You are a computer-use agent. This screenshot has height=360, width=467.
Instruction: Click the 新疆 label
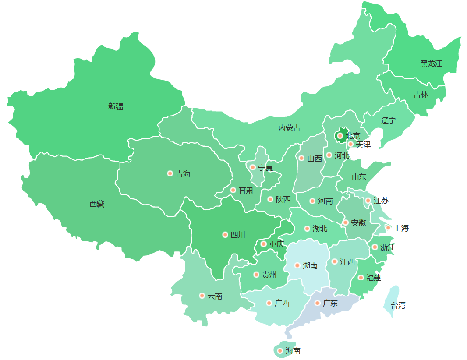point(116,106)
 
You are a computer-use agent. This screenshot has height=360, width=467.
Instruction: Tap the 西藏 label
point(97,204)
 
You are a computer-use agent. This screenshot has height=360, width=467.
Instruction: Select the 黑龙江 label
point(431,64)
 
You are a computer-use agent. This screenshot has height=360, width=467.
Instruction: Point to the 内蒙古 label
point(289,128)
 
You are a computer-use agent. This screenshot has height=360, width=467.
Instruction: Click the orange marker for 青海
point(170,173)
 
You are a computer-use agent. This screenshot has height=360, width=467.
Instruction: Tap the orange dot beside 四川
point(225,235)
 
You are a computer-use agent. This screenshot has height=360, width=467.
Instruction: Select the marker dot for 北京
point(340,136)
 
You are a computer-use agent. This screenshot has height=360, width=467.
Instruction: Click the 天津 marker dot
point(350,144)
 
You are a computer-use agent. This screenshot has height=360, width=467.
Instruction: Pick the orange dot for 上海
point(388,228)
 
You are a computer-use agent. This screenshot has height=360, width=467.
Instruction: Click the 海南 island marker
point(280,351)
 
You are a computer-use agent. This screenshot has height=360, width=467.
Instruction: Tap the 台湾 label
point(398,305)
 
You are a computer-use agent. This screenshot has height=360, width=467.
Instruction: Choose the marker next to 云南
point(202,296)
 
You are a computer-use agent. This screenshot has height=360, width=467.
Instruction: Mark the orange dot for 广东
point(318,303)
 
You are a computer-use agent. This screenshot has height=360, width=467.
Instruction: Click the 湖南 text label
point(310,265)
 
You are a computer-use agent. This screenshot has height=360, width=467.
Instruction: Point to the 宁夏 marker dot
point(252,167)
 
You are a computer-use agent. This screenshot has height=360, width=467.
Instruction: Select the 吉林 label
point(421,95)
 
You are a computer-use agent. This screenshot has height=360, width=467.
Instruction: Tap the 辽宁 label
point(388,120)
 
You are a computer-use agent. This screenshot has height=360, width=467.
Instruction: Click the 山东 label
point(359,177)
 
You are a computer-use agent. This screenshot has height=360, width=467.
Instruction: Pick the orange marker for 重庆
point(264,244)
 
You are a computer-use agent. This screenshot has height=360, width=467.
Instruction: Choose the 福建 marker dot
point(361,278)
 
